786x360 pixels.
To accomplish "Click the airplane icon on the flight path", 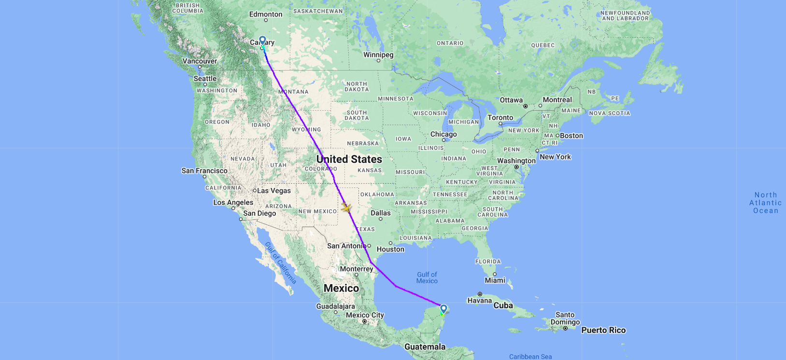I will click(x=346, y=208).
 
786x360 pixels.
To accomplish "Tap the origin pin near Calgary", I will click(x=262, y=41).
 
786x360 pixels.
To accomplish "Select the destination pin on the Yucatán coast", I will click(x=443, y=309).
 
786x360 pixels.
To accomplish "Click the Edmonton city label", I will click(x=266, y=14).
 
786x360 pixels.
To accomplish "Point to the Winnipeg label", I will click(x=378, y=55).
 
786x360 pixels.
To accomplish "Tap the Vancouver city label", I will click(x=200, y=61).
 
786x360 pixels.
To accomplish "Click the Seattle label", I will click(x=205, y=78).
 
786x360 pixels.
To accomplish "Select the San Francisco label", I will click(x=204, y=171).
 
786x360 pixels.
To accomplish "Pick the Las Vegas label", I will click(x=274, y=190).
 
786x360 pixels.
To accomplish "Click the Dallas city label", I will click(x=381, y=213).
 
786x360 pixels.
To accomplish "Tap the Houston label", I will click(x=390, y=249).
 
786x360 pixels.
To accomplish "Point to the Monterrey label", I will click(x=357, y=269).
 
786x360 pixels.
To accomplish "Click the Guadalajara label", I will click(x=335, y=306).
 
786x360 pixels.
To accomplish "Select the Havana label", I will click(x=479, y=300).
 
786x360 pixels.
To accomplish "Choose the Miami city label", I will click(x=495, y=280).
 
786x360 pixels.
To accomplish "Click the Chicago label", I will click(x=443, y=134).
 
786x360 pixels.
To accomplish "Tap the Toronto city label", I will click(x=500, y=117).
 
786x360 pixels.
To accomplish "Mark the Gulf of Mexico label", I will click(x=427, y=277).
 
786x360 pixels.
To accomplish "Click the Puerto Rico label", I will click(x=603, y=330).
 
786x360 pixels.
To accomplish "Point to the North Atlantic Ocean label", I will click(x=766, y=202).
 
